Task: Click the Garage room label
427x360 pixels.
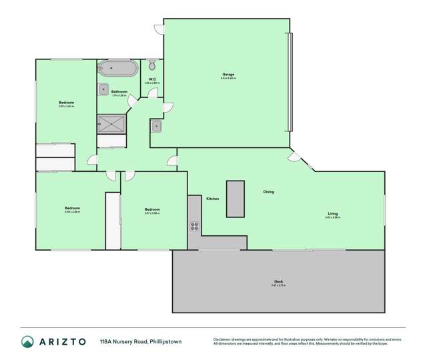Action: point(228,74)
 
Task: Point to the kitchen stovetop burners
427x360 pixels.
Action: point(194,225)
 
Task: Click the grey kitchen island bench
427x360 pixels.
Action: point(236,198)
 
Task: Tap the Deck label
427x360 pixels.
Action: point(278,281)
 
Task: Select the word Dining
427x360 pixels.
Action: point(268,192)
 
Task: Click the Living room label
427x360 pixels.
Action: point(332,213)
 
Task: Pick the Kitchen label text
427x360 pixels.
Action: point(213,199)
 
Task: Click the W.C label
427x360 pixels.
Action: point(152,79)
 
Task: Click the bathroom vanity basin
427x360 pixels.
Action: point(104,89)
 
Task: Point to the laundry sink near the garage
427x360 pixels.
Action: point(157,125)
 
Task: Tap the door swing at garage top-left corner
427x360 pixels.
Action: point(159,29)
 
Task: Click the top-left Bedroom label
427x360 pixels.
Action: point(66,102)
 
